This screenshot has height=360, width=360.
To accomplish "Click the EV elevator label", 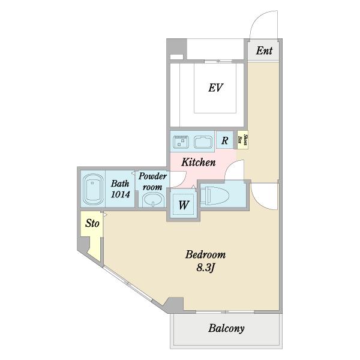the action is click(215, 88).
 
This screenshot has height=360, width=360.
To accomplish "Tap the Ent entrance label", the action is click(264, 50).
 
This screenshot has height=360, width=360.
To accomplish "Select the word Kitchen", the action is click(199, 163).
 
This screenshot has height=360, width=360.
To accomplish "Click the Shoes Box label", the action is click(242, 140).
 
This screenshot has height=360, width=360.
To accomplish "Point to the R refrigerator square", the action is click(224, 140).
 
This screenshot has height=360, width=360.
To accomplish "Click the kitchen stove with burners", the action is click(181, 142).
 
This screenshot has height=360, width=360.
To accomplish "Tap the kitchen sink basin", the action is click(203, 142).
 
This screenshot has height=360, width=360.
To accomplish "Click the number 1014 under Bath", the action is click(121, 194).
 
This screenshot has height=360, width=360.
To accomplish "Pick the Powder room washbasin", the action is click(153, 200).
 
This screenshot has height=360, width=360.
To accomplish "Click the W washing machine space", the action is click(183, 205).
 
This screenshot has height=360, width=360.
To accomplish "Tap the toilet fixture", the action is click(215, 196).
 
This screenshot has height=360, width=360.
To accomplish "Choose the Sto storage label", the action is click(92, 223).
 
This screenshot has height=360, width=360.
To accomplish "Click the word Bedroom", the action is click(205, 254).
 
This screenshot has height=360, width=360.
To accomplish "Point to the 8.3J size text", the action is click(205, 268).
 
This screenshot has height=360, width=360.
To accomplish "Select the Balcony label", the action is click(226, 329).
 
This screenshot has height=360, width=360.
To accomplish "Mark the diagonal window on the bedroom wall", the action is click(127, 284).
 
